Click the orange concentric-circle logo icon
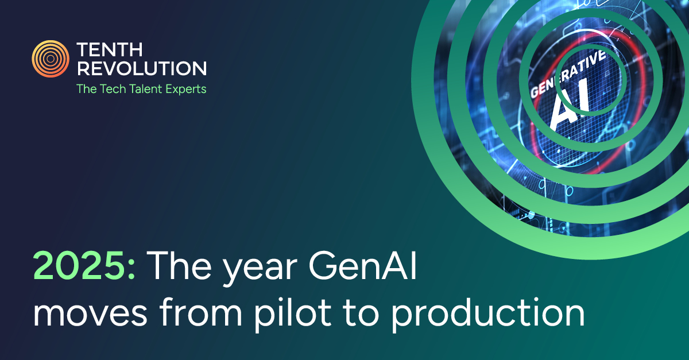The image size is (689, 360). pos(51,59)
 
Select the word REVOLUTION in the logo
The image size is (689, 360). pos(141,69)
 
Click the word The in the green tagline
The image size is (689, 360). pos(87,89)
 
